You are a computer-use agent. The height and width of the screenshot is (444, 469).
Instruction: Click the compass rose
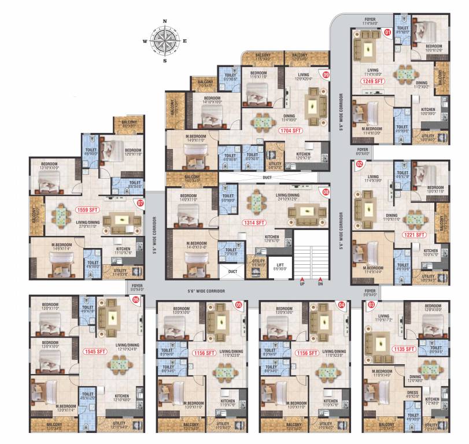(165, 40)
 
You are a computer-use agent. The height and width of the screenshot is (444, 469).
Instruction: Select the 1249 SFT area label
(373, 82)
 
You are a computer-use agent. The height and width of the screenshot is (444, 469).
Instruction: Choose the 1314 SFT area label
(254, 222)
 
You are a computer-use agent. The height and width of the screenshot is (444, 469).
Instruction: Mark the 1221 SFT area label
(414, 235)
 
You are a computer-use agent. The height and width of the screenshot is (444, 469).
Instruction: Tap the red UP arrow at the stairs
(301, 279)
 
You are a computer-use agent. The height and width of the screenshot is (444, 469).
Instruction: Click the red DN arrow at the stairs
(320, 279)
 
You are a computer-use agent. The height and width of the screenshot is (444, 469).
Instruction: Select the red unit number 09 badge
(326, 75)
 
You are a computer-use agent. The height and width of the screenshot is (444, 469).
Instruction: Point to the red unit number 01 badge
(388, 33)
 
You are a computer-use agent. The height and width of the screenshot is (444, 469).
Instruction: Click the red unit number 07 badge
(139, 203)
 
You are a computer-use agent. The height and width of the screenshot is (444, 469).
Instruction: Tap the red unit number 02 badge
(360, 164)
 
